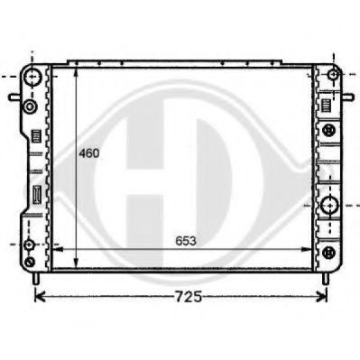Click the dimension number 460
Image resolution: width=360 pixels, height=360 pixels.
(x=89, y=153)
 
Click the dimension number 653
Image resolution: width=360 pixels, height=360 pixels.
(x=186, y=241)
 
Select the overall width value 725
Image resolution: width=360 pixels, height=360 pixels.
(x=189, y=297)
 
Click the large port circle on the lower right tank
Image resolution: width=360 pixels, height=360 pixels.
(x=330, y=206)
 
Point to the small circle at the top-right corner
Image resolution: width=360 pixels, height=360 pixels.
(x=333, y=74)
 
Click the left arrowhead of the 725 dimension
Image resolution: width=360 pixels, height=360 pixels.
(x=40, y=297)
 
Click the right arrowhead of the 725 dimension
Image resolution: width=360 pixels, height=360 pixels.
(x=321, y=297)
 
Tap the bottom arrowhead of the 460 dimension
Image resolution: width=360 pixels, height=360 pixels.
(x=77, y=263)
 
